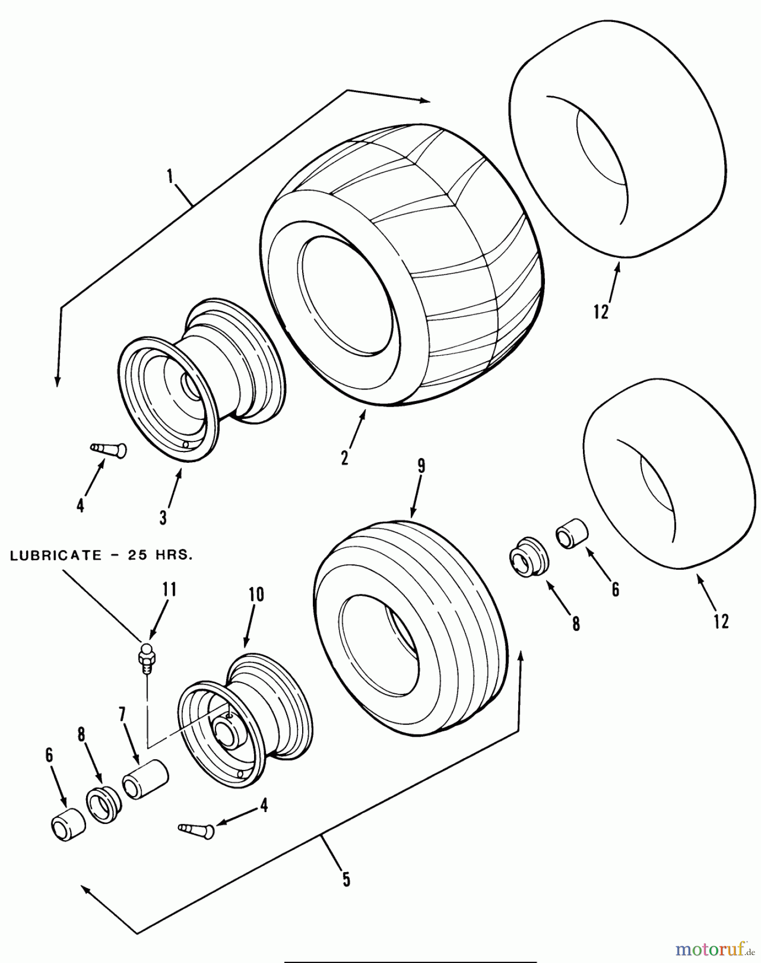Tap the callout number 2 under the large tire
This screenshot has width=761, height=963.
(344, 458)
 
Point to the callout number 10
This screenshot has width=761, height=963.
(256, 595)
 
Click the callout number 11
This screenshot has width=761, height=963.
(170, 590)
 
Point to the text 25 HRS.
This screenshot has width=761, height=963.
(165, 555)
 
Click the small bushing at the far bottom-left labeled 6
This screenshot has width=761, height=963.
(67, 828)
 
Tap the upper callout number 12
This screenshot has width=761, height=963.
(602, 312)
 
